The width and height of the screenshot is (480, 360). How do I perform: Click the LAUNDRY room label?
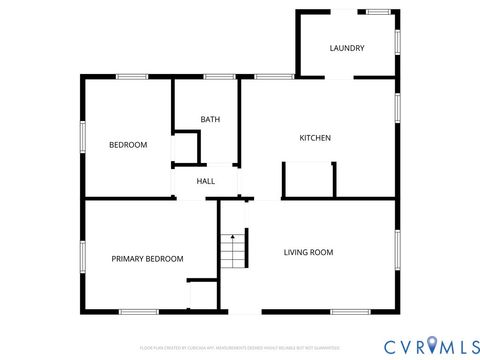tap(347, 48)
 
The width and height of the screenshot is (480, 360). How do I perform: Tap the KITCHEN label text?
tap(315, 138)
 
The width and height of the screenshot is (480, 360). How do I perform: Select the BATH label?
tap(210, 120)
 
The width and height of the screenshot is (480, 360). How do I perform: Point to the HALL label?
tap(206, 181)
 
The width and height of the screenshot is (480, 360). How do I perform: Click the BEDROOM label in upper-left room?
tap(128, 145)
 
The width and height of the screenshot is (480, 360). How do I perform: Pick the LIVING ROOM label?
tap(308, 253)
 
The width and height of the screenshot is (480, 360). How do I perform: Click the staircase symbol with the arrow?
tap(232, 250)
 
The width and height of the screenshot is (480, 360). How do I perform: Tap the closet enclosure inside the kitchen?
tap(309, 181)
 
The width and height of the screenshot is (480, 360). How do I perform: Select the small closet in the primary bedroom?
tap(203, 296)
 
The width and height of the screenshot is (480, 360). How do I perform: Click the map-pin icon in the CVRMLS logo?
tap(432, 345)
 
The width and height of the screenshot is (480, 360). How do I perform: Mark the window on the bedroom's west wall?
tap(81, 137)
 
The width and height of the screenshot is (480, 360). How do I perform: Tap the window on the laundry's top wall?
tap(377, 12)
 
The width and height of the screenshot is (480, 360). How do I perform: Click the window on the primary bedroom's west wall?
tap(81, 256)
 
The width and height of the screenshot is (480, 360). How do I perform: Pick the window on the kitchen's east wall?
tap(397, 106)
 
